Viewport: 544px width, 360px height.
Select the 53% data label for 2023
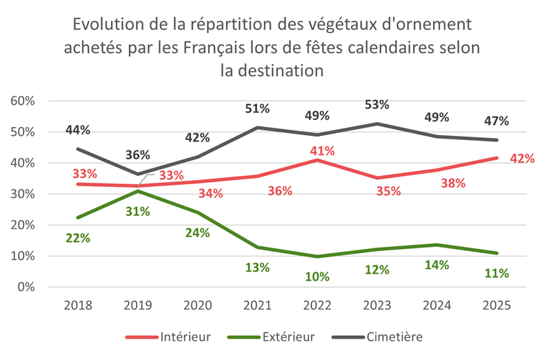[377, 105]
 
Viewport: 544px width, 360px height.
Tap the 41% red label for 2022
[321, 150]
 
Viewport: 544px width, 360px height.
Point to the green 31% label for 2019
[138, 212]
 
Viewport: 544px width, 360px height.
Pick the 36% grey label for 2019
[138, 154]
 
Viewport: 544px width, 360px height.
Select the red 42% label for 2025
[522, 159]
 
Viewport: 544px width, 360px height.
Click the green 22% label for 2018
[78, 238]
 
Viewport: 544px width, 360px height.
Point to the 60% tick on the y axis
[22, 101]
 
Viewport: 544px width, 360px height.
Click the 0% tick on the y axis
[26, 287]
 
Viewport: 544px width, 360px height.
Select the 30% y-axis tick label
[22, 194]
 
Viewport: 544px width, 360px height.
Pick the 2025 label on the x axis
[496, 305]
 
